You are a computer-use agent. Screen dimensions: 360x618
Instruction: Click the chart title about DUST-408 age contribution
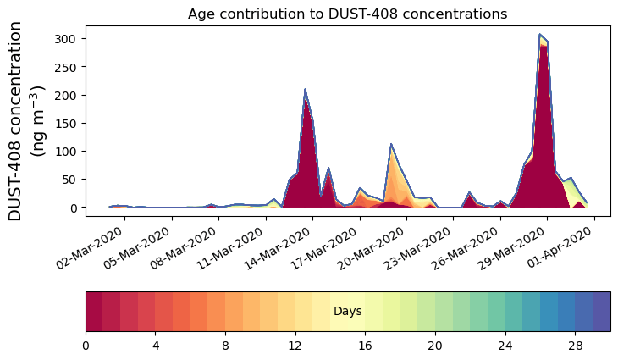click(347, 14)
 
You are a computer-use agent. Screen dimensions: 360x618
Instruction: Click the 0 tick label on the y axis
click(75, 208)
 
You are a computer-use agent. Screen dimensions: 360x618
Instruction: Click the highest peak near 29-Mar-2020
click(540, 35)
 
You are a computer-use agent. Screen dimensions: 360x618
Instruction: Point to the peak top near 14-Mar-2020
click(305, 89)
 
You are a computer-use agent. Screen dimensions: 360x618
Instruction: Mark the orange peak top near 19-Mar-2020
click(391, 145)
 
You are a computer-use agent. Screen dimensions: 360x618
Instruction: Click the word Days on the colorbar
click(347, 312)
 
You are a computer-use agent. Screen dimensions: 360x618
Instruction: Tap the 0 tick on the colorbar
click(86, 346)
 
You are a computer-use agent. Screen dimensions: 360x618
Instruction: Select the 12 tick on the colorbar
click(295, 346)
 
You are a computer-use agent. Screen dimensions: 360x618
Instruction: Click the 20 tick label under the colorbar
click(435, 346)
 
